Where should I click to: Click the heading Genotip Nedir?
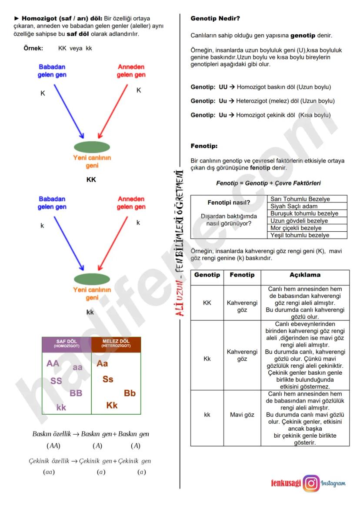click(x=215, y=19)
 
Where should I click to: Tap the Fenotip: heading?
click(x=204, y=146)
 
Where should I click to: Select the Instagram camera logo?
click(x=311, y=483)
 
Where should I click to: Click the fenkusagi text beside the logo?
click(x=286, y=483)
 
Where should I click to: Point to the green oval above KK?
click(x=92, y=146)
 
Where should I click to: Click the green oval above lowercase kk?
click(x=92, y=279)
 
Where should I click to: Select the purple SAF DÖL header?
click(x=67, y=344)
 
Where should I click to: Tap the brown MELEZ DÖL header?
click(x=116, y=344)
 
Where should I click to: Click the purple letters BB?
click(x=76, y=393)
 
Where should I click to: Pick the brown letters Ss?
click(x=108, y=379)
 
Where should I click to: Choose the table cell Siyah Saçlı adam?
click(x=294, y=206)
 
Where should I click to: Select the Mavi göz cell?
click(x=242, y=415)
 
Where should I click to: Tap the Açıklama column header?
click(x=305, y=275)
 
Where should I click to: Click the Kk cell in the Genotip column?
click(x=207, y=359)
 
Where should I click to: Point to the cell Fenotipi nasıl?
click(x=229, y=203)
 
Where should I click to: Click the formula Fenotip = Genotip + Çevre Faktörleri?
click(x=268, y=183)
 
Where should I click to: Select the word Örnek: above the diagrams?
click(x=33, y=48)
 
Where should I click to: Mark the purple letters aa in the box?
click(x=77, y=367)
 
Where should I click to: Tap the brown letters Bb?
click(x=130, y=393)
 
